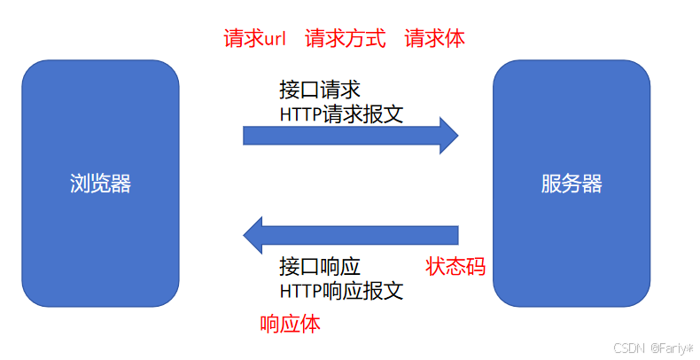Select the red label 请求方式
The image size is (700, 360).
(346, 39)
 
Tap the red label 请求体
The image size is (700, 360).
(434, 39)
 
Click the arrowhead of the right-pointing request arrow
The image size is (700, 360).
(448, 135)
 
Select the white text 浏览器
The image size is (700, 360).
(100, 184)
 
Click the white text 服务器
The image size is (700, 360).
(572, 184)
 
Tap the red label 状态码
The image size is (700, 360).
(455, 266)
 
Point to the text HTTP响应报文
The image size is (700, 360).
(341, 290)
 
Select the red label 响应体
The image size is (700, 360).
(291, 324)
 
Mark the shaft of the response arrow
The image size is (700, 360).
(363, 235)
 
